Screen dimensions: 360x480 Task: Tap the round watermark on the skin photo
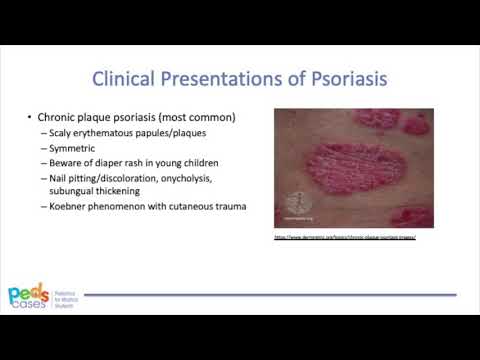click(x=296, y=201)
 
